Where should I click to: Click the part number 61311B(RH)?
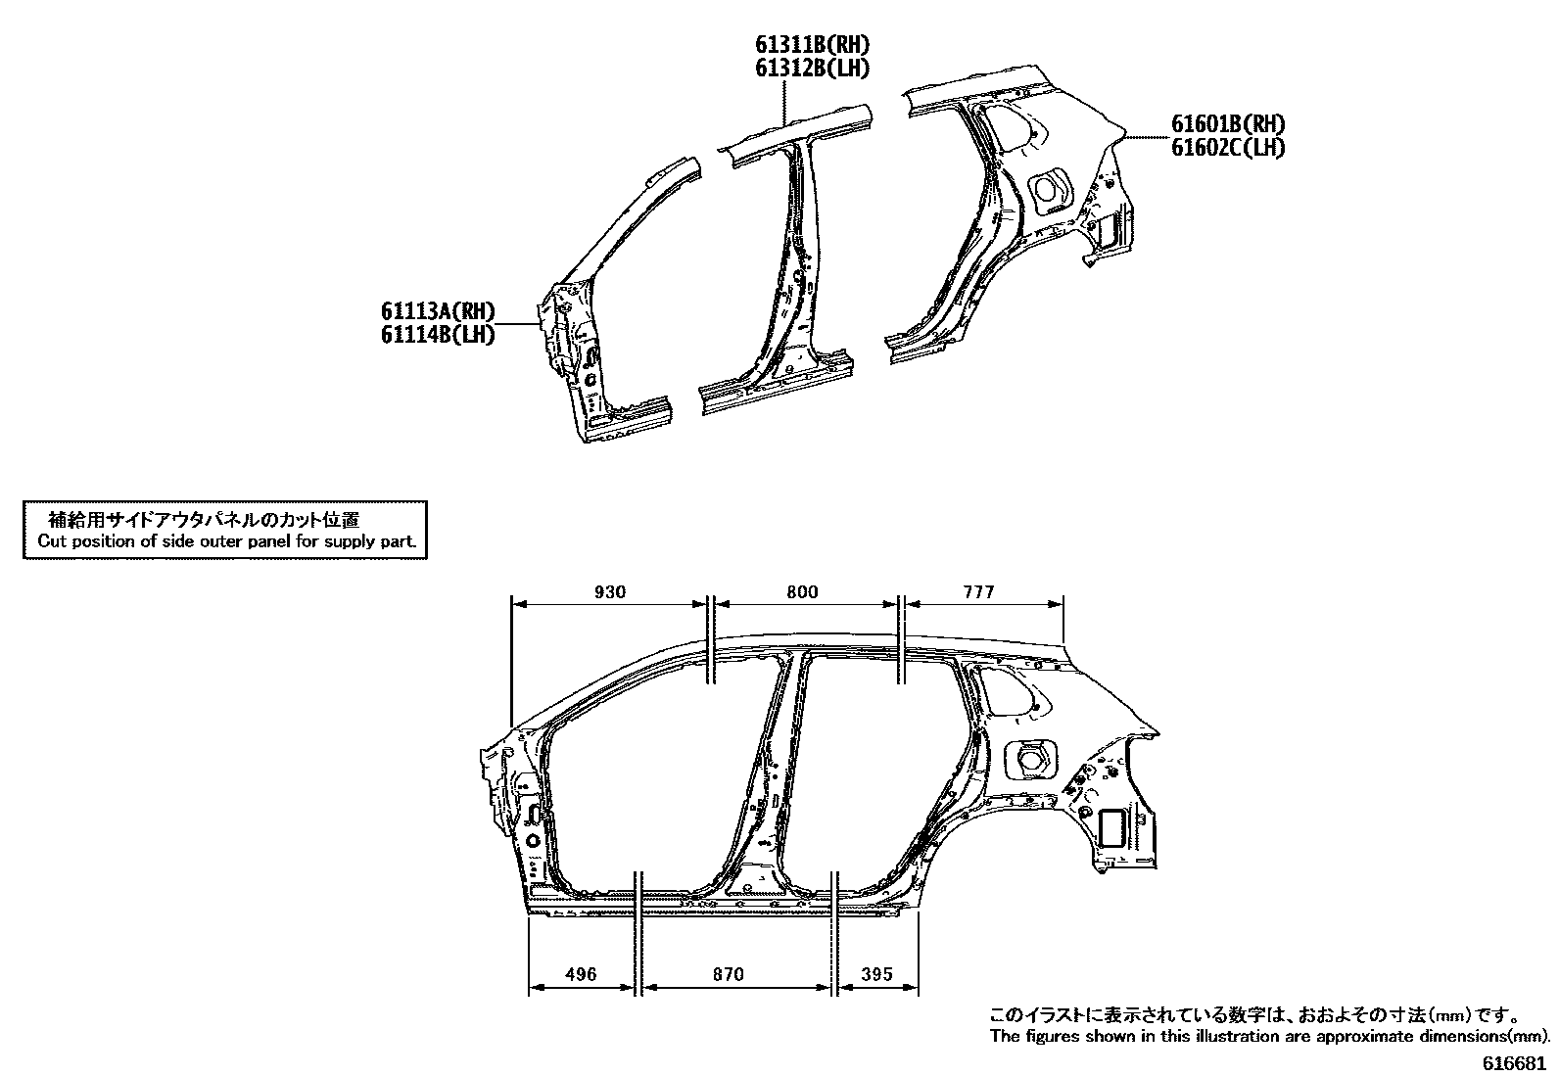click(812, 45)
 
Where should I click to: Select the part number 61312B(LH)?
click(812, 68)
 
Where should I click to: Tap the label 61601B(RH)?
click(1228, 124)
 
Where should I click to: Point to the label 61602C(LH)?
click(1228, 147)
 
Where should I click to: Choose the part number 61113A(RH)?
click(438, 312)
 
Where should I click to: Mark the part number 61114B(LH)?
click(438, 335)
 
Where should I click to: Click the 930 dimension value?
click(609, 591)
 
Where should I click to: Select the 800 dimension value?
click(802, 591)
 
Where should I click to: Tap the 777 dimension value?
click(977, 591)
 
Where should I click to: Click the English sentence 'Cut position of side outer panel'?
click(226, 540)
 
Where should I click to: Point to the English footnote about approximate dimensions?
click(1269, 1036)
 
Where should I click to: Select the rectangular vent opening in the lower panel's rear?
click(1112, 827)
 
